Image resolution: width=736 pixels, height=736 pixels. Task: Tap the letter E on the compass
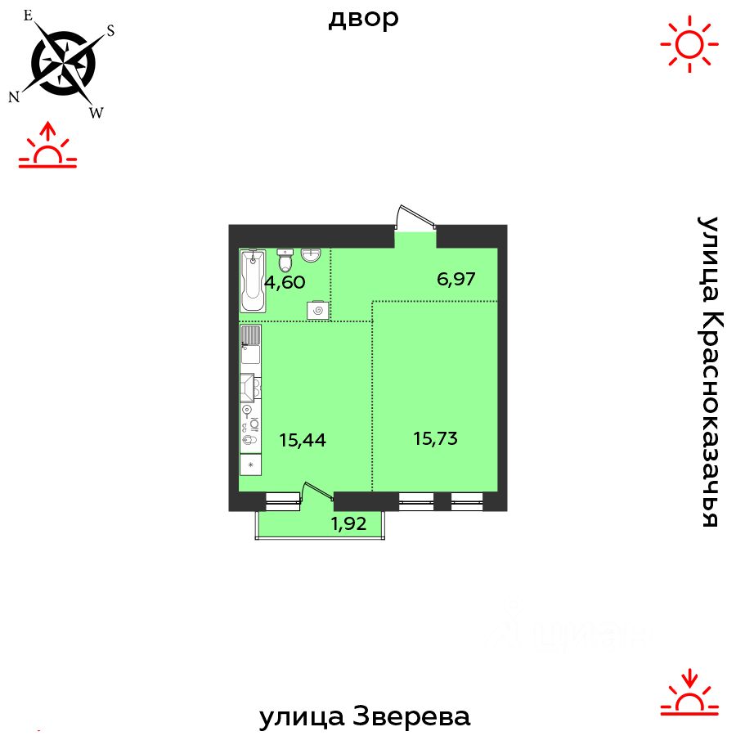point(29,15)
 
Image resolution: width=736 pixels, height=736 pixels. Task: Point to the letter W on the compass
point(96,113)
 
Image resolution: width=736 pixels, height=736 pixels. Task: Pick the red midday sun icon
point(689,43)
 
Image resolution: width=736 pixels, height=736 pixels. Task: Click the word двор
point(364,18)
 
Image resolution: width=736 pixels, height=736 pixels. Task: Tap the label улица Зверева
point(365,717)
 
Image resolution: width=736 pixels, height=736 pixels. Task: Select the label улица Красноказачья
point(707,372)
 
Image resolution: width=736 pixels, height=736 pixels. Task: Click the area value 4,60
point(285,283)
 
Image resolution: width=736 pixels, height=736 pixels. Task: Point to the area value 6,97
point(456,279)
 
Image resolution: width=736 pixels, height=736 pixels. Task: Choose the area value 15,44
point(303,440)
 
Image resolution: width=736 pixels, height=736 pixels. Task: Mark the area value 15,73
point(435,438)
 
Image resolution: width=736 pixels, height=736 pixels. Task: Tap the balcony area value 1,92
point(348,524)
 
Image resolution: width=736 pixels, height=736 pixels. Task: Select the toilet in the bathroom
point(285,261)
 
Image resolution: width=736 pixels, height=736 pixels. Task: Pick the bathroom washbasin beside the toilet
point(311,256)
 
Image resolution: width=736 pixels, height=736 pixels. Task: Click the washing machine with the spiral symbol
point(317,310)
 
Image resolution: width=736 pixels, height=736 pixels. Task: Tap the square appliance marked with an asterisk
point(251,464)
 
